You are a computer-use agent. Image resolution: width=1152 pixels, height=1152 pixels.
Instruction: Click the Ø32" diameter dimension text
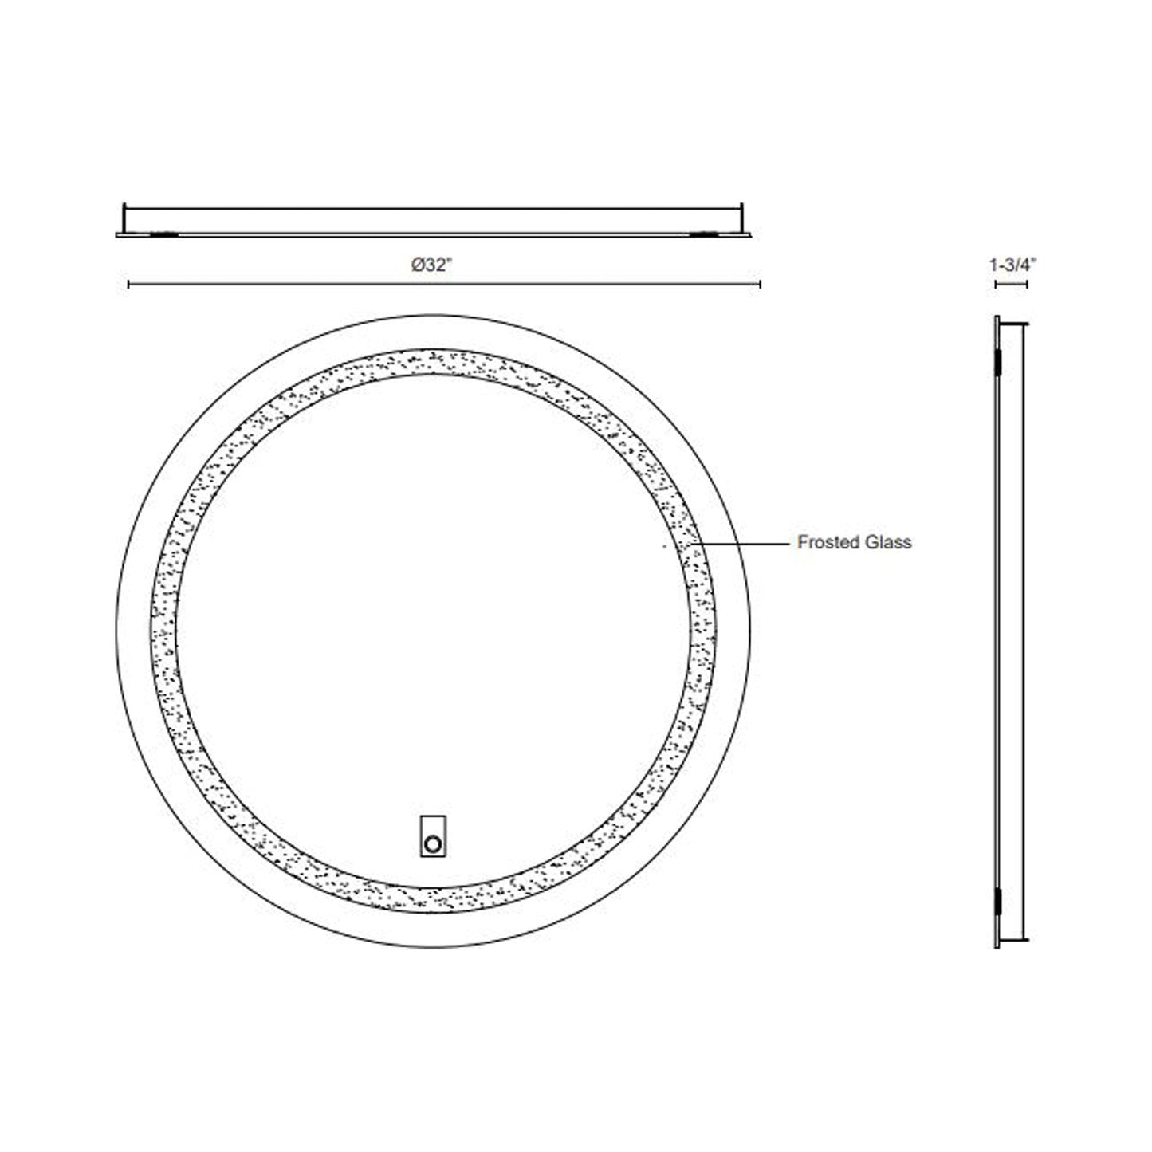(432, 267)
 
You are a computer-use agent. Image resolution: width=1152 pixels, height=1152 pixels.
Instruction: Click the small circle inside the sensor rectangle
(433, 843)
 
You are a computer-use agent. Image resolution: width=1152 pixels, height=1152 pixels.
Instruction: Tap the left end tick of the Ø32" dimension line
(128, 284)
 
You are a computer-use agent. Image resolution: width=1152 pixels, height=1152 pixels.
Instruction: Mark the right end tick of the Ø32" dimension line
(761, 284)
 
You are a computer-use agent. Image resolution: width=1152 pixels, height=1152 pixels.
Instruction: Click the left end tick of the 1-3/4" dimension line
(995, 284)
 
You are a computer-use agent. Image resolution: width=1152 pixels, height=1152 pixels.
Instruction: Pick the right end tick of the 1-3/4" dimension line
(1027, 284)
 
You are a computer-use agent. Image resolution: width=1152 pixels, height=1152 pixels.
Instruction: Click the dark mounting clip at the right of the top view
(703, 234)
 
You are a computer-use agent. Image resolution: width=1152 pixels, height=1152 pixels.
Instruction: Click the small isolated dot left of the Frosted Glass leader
(664, 547)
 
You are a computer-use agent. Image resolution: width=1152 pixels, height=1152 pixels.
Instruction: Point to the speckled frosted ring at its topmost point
(433, 361)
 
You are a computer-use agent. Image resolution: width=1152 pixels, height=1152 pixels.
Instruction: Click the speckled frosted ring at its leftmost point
(163, 630)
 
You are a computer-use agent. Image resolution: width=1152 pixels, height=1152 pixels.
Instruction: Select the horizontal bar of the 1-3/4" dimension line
(1011, 284)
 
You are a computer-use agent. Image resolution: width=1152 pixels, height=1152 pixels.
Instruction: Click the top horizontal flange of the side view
(1013, 324)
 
